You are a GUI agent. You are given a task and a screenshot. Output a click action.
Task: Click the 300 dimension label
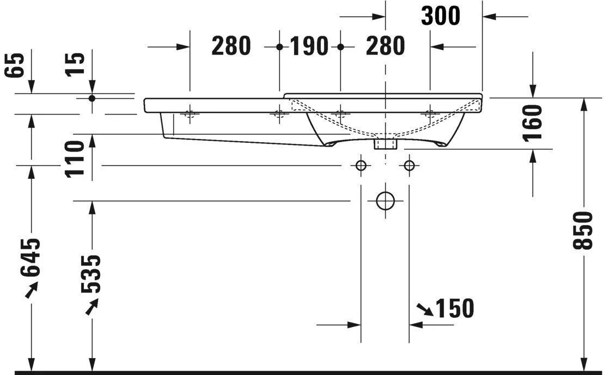(x=441, y=16)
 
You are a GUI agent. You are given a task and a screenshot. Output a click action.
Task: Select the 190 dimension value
(x=309, y=46)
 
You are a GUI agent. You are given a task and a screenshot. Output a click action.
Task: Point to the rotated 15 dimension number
(x=75, y=64)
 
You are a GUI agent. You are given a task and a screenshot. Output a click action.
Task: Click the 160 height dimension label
(x=532, y=123)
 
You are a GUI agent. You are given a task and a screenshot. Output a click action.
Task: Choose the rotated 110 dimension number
(x=75, y=159)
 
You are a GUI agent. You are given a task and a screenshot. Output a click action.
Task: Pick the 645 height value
(x=30, y=258)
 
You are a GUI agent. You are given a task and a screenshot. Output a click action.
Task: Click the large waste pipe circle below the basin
(x=385, y=201)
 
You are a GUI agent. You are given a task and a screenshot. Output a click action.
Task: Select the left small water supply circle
(x=361, y=166)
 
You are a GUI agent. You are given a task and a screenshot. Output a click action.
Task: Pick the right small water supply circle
(x=410, y=166)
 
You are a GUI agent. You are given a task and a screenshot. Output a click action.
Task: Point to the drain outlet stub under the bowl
(x=385, y=144)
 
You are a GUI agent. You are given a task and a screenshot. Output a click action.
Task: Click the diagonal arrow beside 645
(x=32, y=289)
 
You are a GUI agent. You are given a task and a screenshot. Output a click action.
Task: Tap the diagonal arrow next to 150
(x=425, y=309)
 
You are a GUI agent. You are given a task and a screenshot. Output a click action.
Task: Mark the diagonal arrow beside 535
(x=92, y=306)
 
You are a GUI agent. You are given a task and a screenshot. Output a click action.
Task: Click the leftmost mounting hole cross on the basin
(x=190, y=114)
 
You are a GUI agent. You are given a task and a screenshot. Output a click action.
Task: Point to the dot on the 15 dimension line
(x=91, y=98)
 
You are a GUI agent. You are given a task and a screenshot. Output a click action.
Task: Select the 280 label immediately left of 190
(x=231, y=46)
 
